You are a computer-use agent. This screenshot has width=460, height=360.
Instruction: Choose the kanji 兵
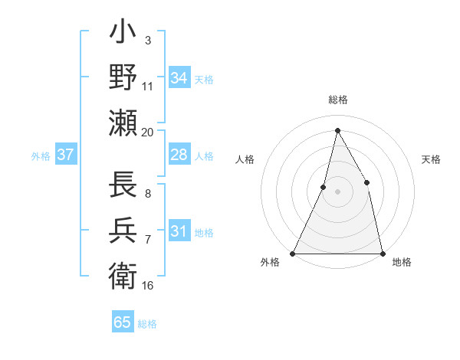coord(123,230)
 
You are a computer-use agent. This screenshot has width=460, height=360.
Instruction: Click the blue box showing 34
coord(179,78)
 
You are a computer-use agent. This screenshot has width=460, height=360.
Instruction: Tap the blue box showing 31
coord(179,231)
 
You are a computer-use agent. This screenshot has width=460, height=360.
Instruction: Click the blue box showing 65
coord(123,322)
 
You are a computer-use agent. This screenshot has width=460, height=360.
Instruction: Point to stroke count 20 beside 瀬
coord(148,132)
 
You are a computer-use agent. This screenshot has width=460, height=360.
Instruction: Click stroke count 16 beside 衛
coord(148,286)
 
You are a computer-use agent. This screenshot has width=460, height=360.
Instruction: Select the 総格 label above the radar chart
coord(337,100)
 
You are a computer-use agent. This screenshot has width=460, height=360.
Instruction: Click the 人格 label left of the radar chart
coord(245,159)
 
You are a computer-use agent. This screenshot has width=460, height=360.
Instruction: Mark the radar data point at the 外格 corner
coord(294,253)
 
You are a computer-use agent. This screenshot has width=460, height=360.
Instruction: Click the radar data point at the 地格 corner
coord(382,253)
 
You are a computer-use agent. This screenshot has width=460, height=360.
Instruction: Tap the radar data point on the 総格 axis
coord(337,130)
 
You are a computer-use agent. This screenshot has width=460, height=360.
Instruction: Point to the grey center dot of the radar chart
coord(337,191)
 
